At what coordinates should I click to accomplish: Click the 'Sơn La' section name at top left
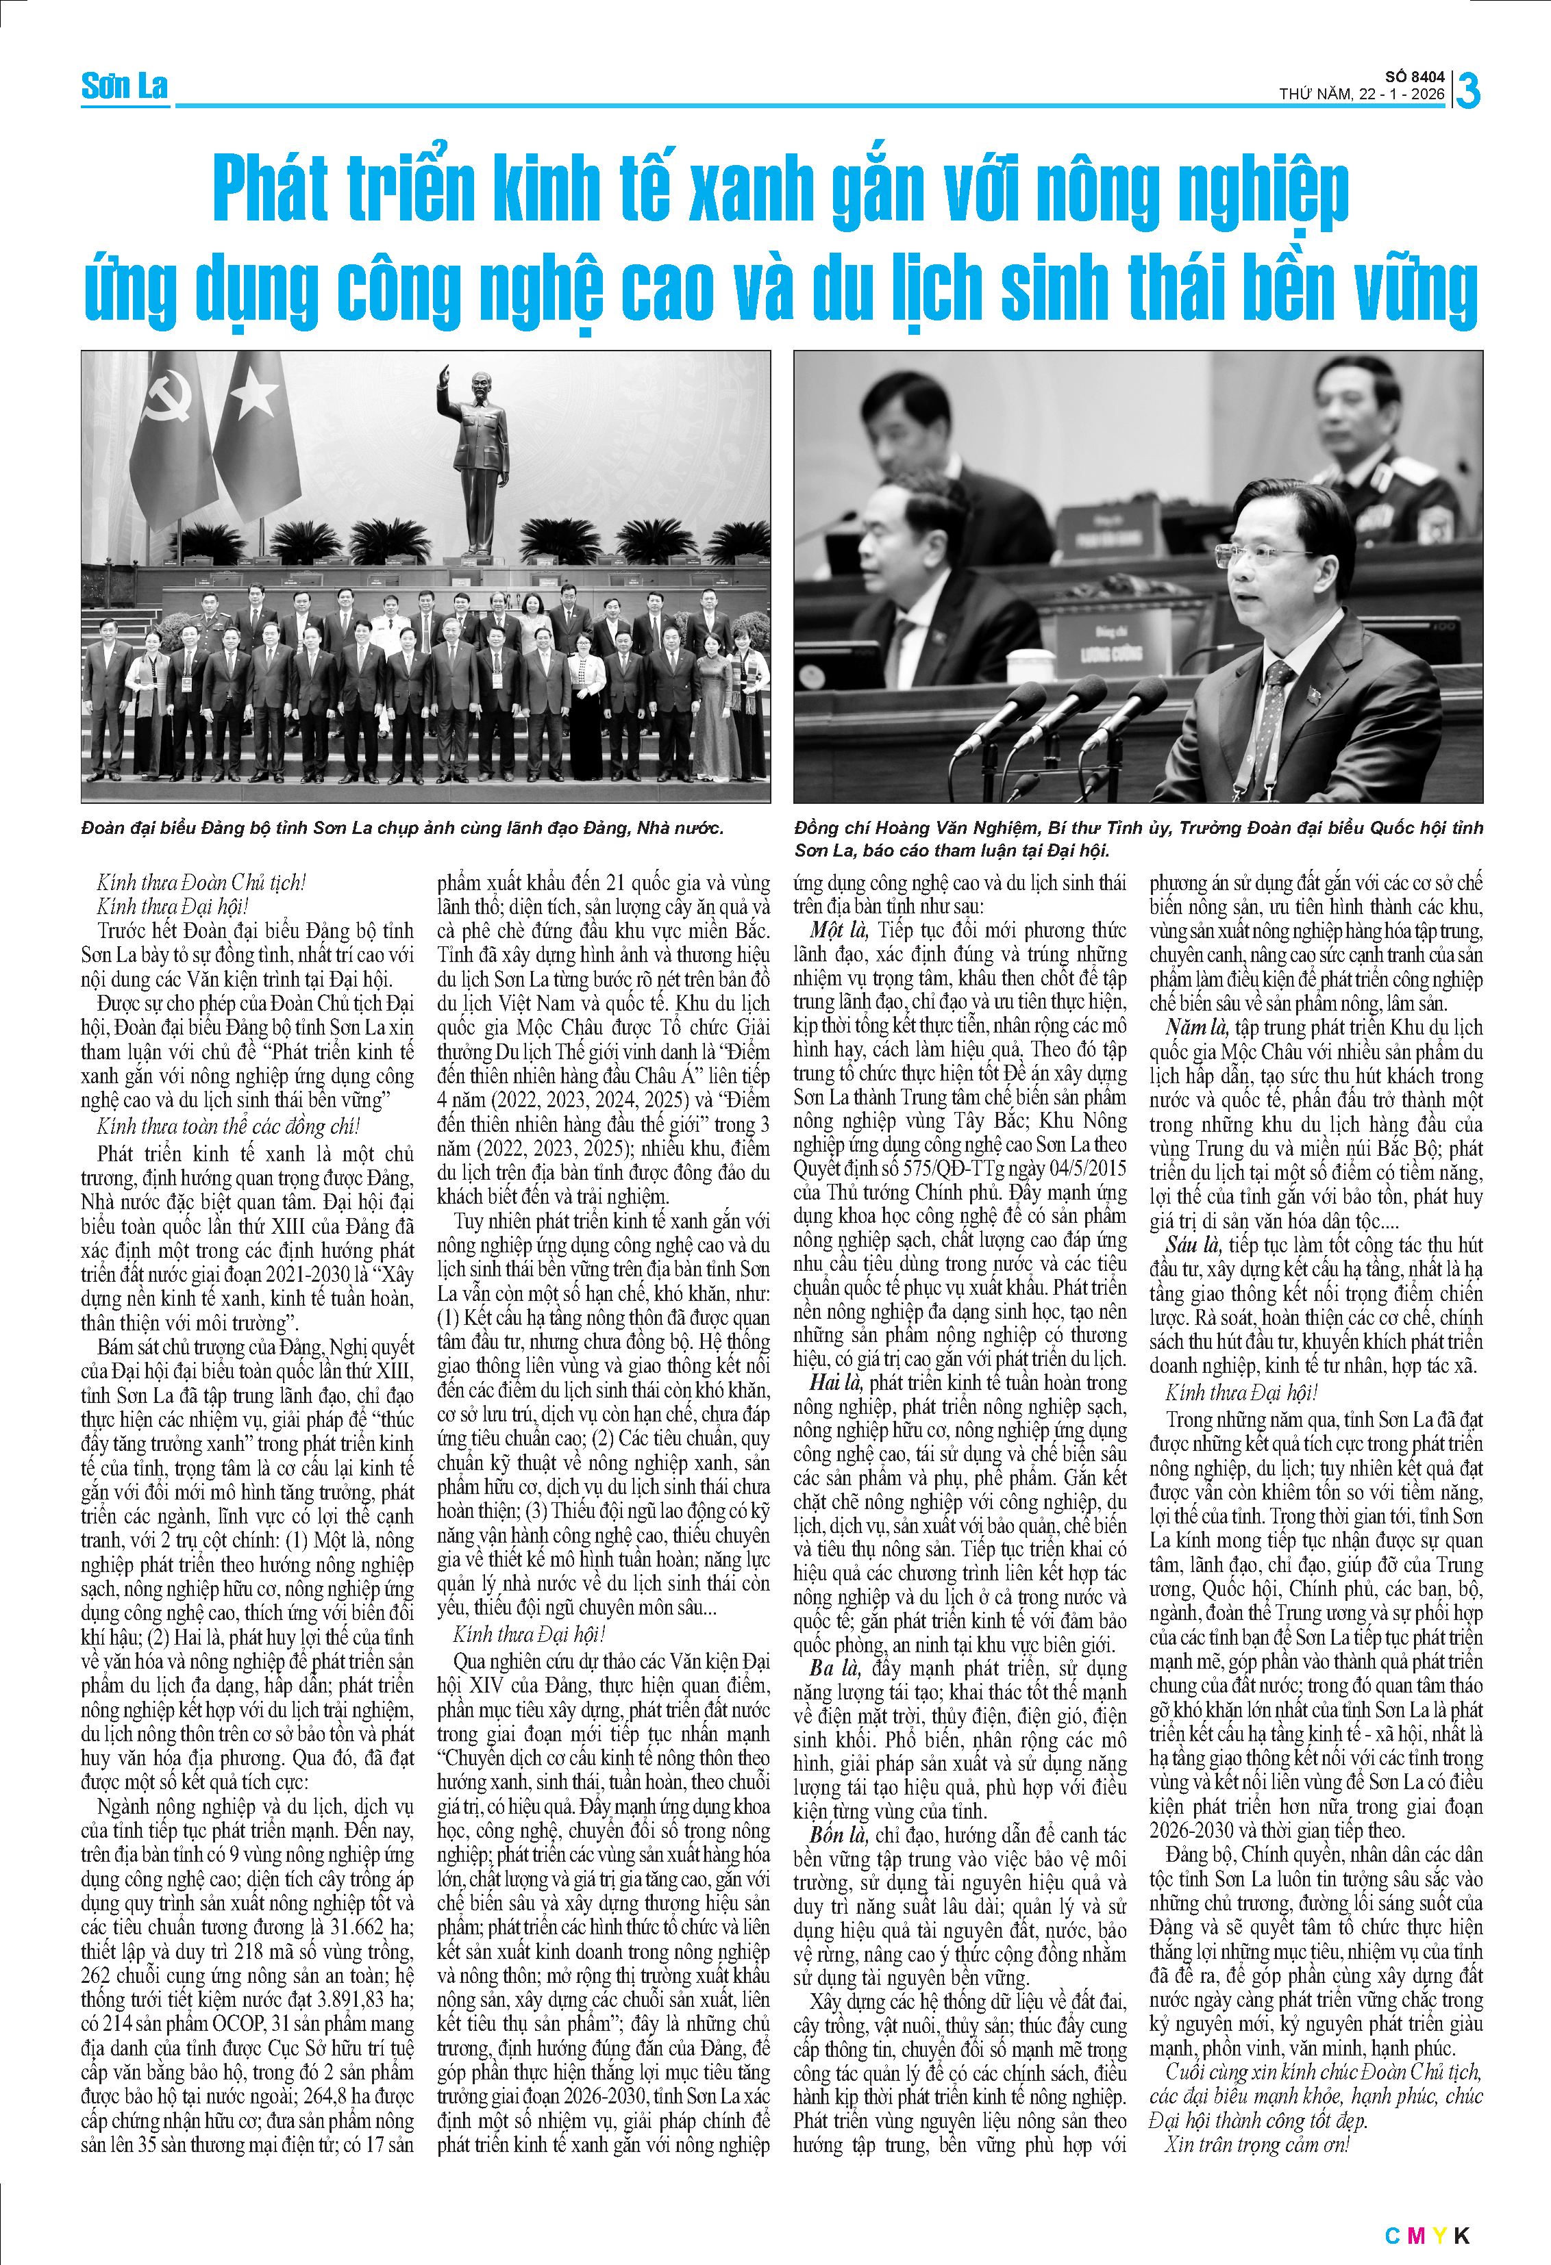[124, 87]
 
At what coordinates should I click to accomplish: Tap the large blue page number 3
[1468, 90]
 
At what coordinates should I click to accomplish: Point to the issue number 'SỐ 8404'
[1415, 77]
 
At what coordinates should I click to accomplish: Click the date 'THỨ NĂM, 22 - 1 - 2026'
[1362, 94]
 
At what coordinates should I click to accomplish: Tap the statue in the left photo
[477, 458]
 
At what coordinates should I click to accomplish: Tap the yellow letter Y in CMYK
[1438, 2228]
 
